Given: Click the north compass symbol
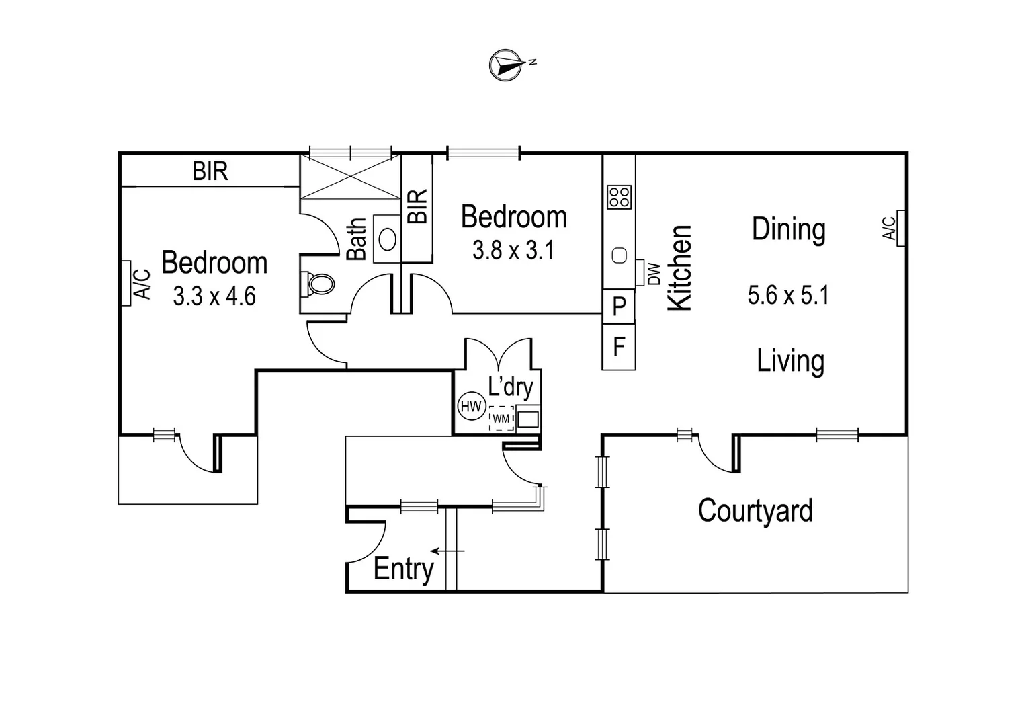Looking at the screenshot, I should click(x=507, y=65).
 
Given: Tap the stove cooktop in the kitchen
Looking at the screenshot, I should click(x=619, y=197).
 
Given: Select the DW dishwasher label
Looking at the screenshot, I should click(x=653, y=273).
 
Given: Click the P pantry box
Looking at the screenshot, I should click(x=619, y=307).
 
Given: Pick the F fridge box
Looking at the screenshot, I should click(x=619, y=347).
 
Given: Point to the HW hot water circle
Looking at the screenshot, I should click(x=471, y=406).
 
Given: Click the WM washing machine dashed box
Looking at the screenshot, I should click(x=501, y=418).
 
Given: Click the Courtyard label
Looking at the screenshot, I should click(x=755, y=511).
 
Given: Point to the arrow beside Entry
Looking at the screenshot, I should click(x=447, y=551).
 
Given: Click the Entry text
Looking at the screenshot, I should click(x=403, y=569).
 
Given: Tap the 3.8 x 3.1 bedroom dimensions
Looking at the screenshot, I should click(x=513, y=251).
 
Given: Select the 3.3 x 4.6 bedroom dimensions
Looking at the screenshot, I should click(x=214, y=296).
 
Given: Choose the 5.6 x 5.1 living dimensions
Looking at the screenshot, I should click(x=788, y=295).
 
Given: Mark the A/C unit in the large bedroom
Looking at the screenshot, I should click(x=126, y=284).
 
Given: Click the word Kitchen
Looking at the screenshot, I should click(x=679, y=268).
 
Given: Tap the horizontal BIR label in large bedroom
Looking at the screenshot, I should click(x=210, y=171).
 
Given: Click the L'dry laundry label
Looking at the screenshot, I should click(x=511, y=387).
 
